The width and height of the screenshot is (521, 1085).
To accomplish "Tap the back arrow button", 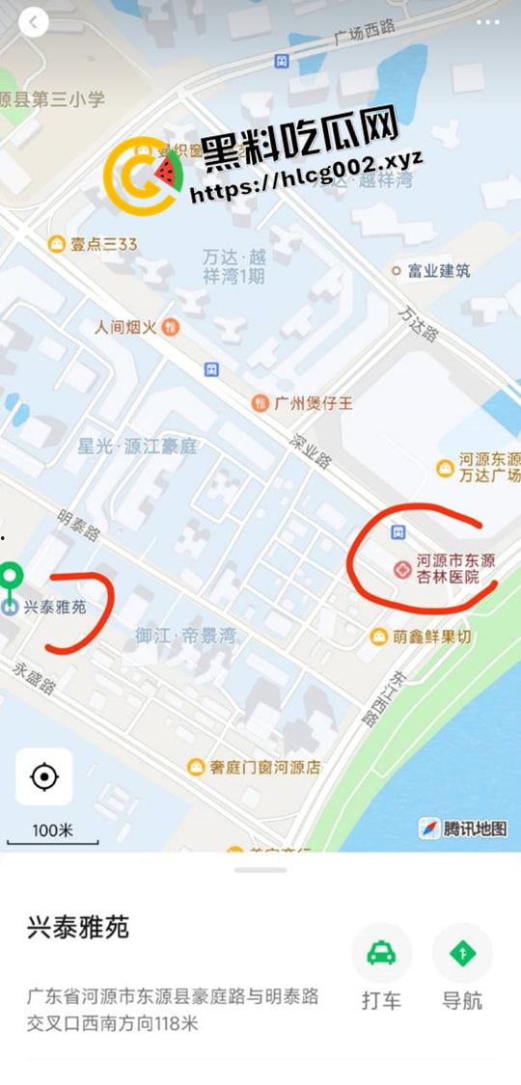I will [33, 22].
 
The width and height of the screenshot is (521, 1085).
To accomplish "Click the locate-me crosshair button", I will [44, 776].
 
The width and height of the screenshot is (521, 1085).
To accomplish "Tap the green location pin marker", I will [11, 578].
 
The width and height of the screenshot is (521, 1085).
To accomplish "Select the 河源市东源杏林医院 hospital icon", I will [402, 569].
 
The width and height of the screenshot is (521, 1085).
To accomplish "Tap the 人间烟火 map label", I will [135, 327].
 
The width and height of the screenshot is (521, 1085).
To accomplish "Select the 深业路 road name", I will [311, 448].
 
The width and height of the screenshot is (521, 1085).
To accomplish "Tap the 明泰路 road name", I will [78, 526].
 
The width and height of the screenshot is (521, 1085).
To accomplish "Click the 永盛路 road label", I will [34, 680].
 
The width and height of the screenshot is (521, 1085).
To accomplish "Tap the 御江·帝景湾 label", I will [185, 637].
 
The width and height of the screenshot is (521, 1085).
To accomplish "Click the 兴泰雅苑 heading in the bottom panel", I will [77, 928].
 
